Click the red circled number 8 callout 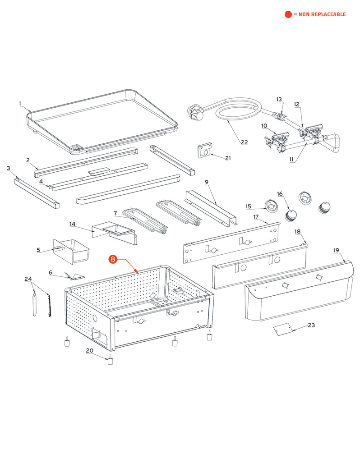113,259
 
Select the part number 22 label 244,142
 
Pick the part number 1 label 20,103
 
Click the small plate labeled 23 283,329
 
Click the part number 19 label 336,250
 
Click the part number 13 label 279,99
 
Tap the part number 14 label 72,224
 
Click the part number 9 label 207,182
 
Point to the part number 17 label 255,217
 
